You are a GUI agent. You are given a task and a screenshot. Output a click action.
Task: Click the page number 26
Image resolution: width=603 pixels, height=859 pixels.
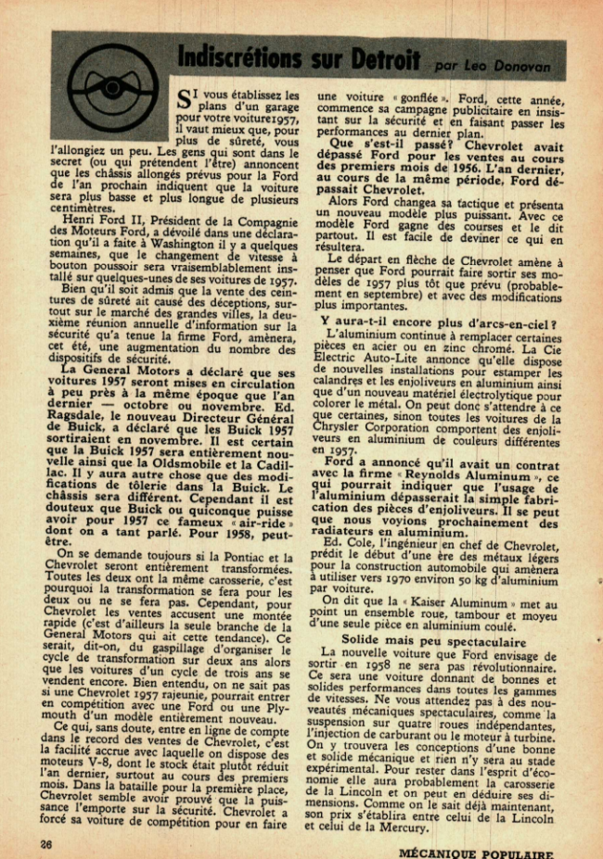(x=45, y=844)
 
